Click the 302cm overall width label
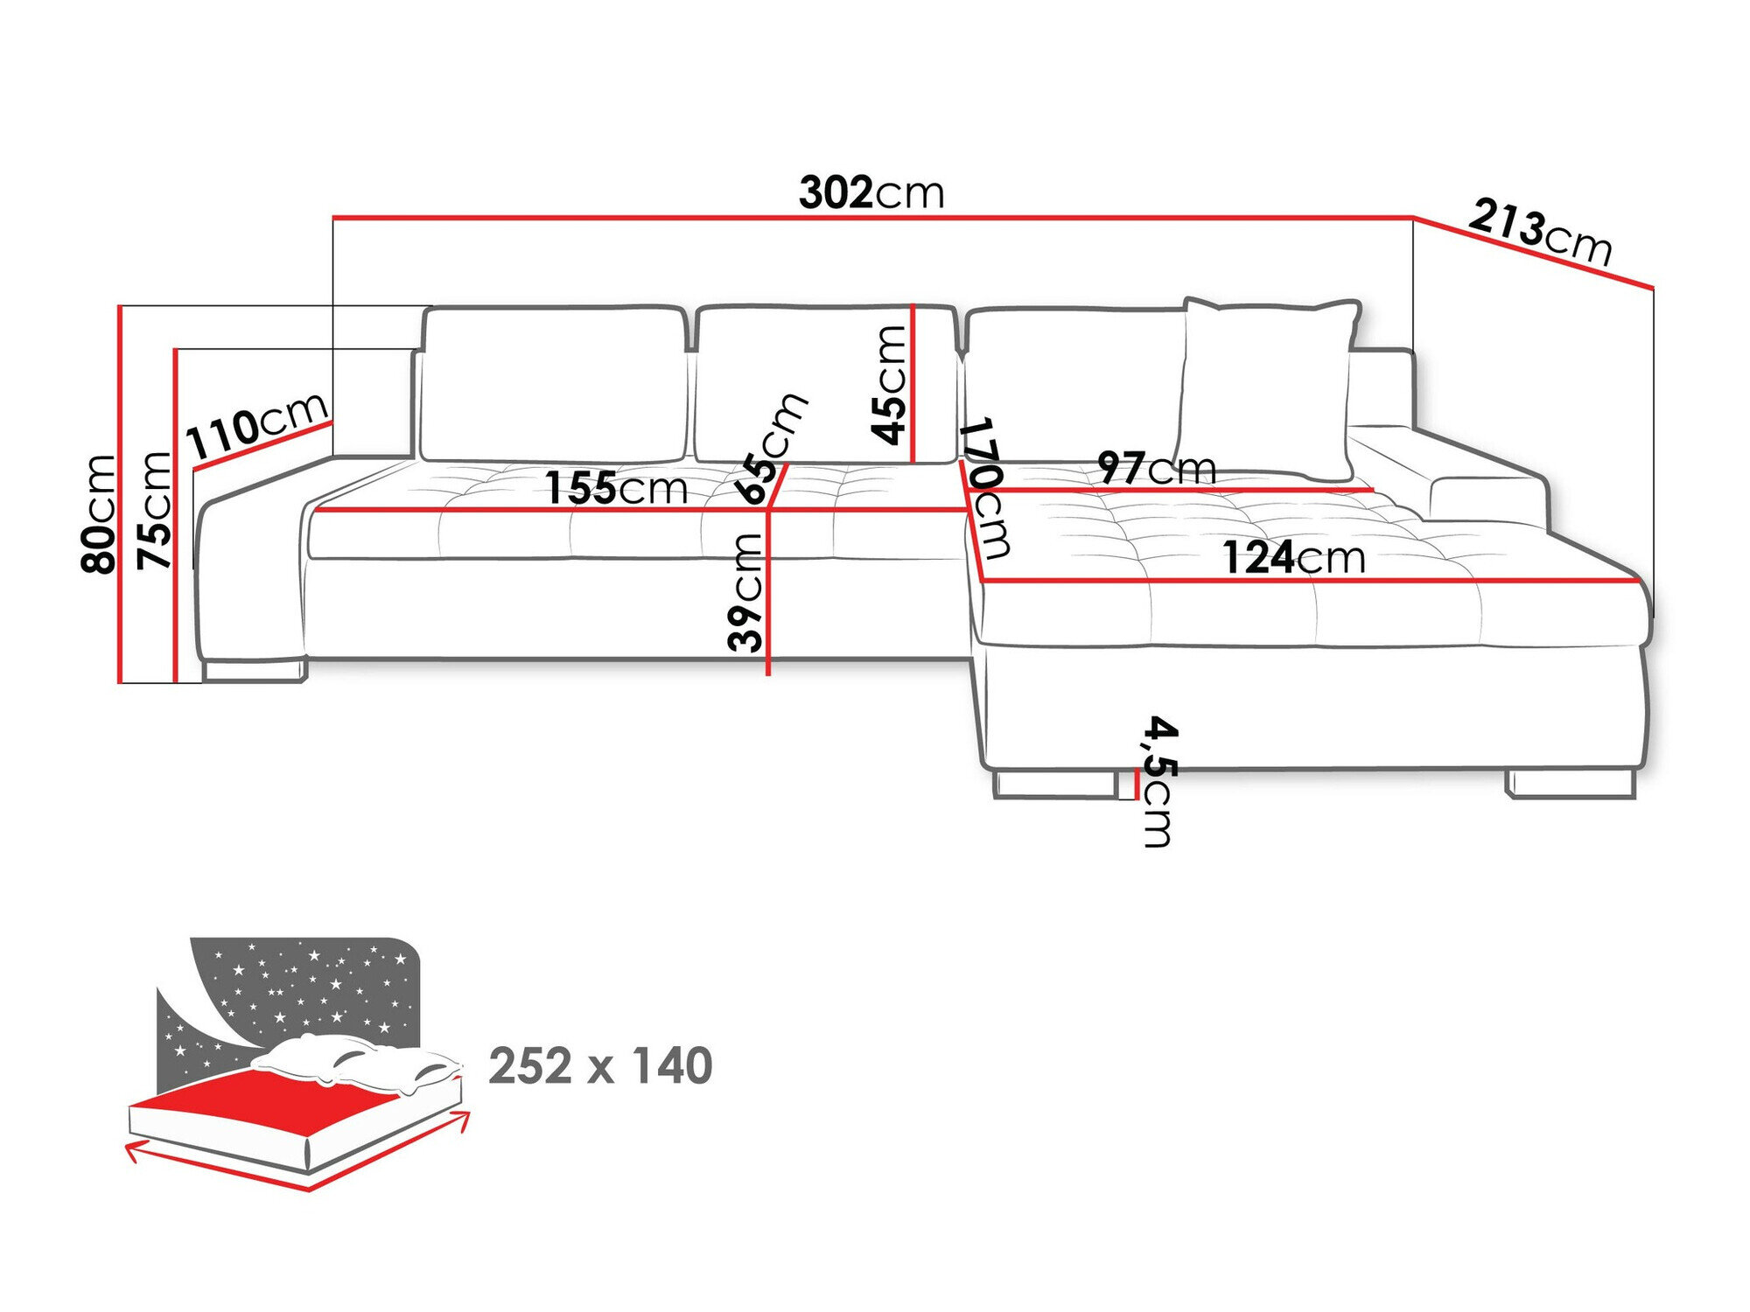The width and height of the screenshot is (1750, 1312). click(871, 192)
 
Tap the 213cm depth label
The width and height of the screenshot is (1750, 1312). click(1540, 232)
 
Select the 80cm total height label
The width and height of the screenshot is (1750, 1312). click(98, 513)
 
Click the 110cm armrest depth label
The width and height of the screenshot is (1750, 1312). click(257, 427)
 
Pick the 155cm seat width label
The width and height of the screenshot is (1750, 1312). click(616, 488)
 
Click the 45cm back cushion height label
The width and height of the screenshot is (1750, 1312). click(889, 385)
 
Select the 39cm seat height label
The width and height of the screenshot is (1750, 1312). click(745, 592)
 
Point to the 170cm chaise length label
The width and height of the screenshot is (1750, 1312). click(985, 488)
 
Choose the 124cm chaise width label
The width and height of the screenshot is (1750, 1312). click(1293, 558)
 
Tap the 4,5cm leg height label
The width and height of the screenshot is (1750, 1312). click(1159, 781)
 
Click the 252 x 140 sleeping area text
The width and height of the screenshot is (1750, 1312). click(600, 1065)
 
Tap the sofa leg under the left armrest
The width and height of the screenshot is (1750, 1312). click(254, 671)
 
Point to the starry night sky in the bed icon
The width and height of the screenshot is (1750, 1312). click(306, 988)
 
